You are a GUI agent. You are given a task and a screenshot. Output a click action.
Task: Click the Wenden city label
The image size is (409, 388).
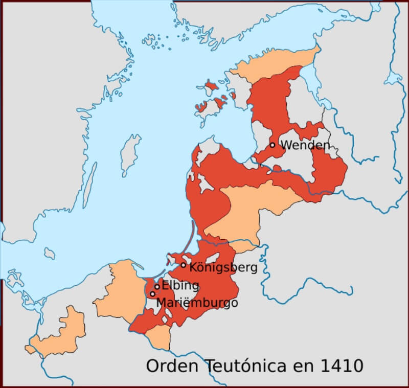click(x=305, y=145)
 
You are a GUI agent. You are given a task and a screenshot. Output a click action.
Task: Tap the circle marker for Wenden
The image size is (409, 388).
click(x=272, y=145)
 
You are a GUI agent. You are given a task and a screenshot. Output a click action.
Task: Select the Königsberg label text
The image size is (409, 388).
click(x=223, y=267)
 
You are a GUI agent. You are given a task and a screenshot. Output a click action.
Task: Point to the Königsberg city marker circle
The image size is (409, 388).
click(x=184, y=265)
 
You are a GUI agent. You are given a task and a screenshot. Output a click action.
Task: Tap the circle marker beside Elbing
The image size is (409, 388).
click(x=157, y=287)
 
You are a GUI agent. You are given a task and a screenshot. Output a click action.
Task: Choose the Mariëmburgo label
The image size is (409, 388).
click(x=197, y=302)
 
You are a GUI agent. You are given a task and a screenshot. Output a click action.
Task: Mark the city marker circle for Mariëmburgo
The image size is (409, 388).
click(x=152, y=294)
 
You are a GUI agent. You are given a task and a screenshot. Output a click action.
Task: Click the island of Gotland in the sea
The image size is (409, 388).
click(x=130, y=153)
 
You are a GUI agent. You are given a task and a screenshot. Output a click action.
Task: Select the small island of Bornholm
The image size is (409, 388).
click(x=50, y=253)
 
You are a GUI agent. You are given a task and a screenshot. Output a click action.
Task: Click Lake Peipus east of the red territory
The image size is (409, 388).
click(x=310, y=82)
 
